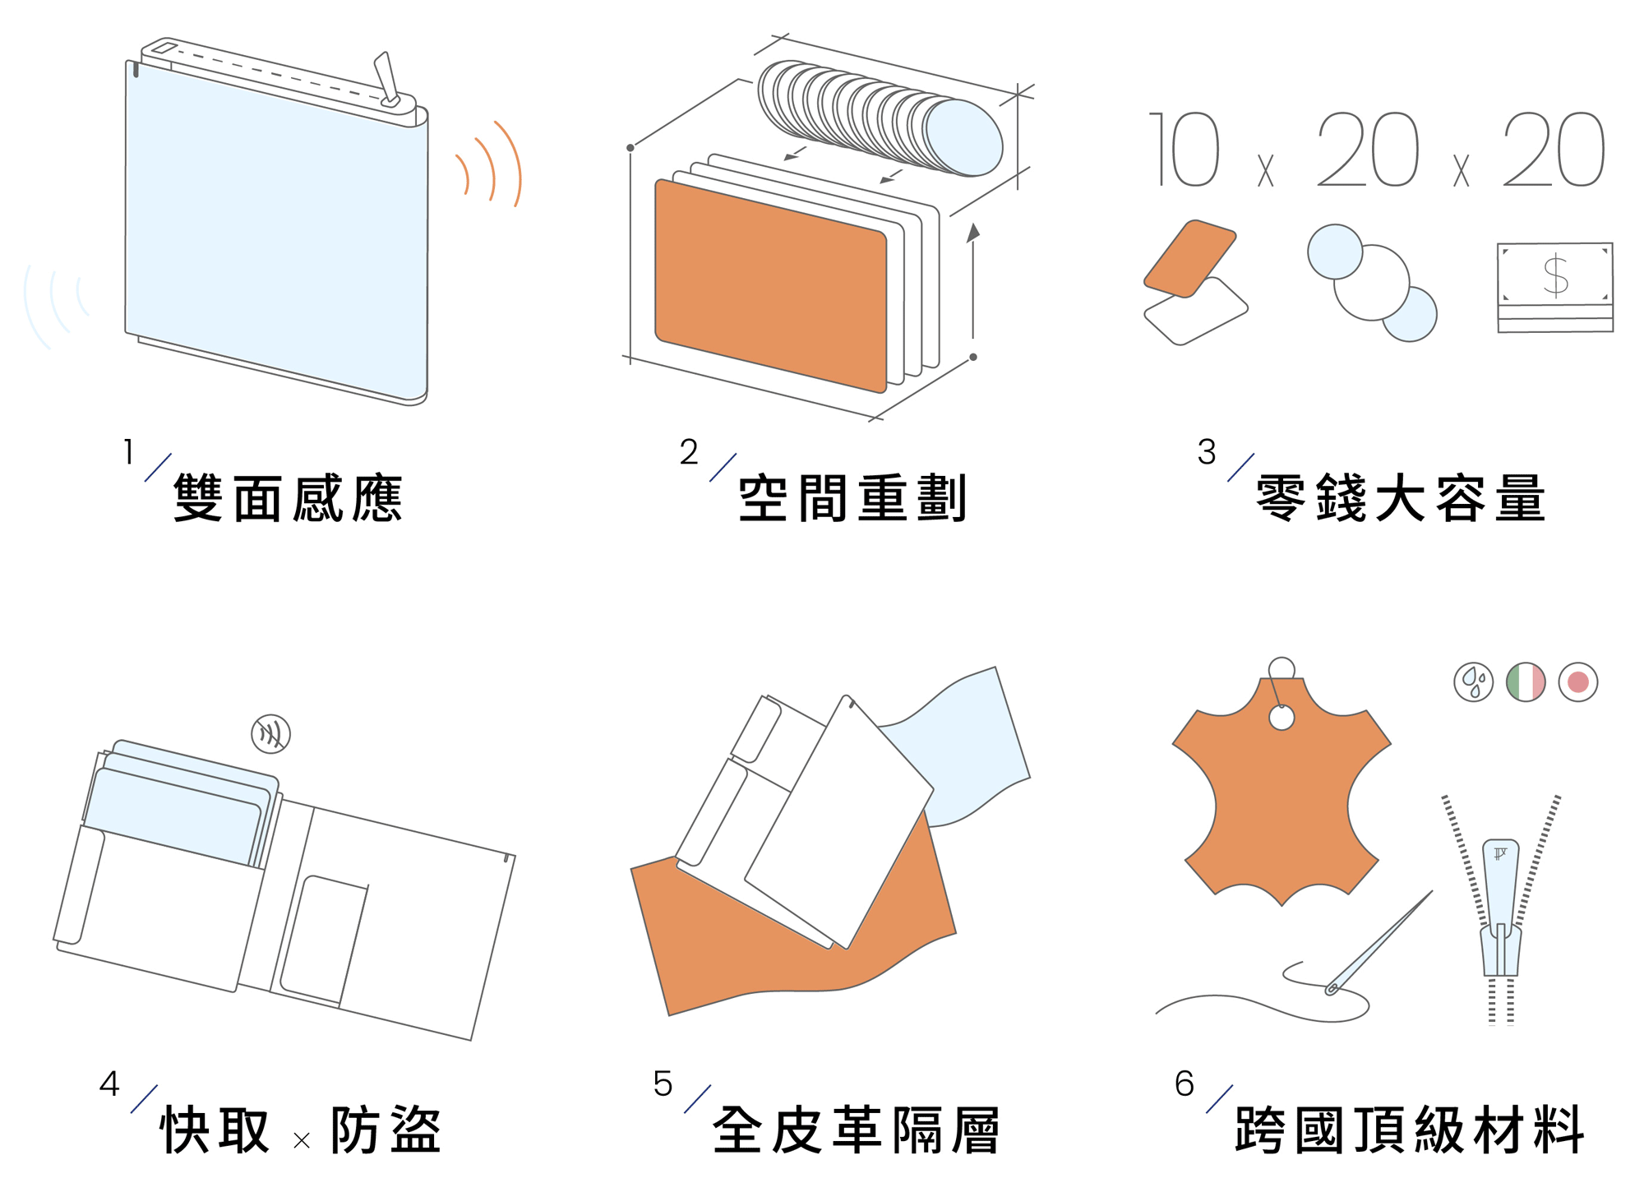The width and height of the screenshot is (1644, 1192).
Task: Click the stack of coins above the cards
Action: click(880, 118)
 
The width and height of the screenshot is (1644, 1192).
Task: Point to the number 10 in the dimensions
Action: click(1184, 149)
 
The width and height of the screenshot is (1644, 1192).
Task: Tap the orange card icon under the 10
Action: click(1189, 258)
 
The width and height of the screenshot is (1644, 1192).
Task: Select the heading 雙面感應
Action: click(288, 498)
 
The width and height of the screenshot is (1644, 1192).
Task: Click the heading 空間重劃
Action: click(852, 498)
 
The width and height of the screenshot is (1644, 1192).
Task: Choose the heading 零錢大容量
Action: click(1401, 498)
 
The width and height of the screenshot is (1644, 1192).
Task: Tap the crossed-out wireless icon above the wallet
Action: click(270, 733)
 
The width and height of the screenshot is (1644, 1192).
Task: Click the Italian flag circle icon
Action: click(1526, 682)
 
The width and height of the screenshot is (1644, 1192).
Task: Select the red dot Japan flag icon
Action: click(1578, 682)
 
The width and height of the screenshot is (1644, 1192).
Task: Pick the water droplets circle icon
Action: click(1474, 682)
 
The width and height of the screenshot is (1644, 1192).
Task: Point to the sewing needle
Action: click(1379, 943)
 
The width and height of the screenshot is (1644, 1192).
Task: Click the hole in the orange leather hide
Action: click(1281, 718)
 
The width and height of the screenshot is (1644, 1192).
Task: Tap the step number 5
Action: click(663, 1084)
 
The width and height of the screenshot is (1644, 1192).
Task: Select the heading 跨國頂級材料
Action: click(1409, 1130)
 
